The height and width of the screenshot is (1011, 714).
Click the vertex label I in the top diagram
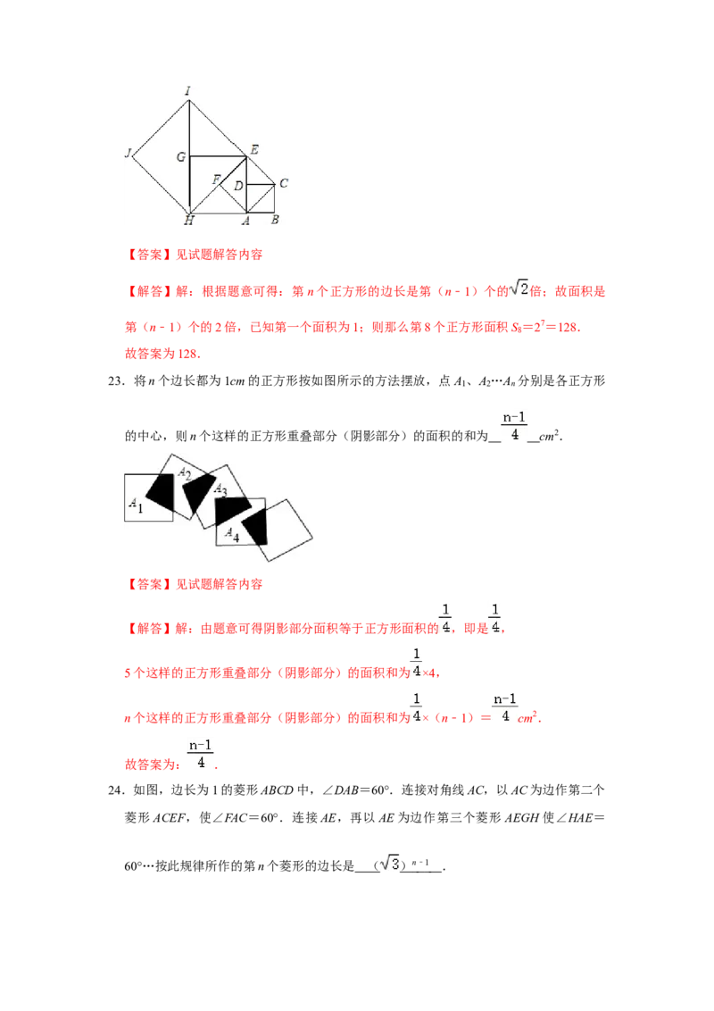tap(188, 91)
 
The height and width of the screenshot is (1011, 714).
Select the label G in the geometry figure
tap(181, 157)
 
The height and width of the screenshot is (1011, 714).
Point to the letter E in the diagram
tap(254, 150)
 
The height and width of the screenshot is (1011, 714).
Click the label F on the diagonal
tap(216, 180)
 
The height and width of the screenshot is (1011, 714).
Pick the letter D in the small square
tap(238, 186)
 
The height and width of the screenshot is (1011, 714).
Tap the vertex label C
tap(283, 183)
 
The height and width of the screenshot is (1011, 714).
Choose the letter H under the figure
tap(189, 220)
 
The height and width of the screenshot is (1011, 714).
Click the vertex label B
tap(275, 220)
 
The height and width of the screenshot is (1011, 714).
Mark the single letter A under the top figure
tap(247, 220)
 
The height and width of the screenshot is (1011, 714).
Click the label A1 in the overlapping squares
tap(136, 505)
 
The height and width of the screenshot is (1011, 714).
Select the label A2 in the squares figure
tap(184, 473)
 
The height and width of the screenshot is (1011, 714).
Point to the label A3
tap(220, 491)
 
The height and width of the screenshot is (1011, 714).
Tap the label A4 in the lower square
tap(231, 534)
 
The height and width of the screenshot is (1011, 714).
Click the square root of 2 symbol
tap(519, 288)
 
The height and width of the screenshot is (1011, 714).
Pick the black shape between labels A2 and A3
tap(197, 490)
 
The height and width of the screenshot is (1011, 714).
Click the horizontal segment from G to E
tap(218, 156)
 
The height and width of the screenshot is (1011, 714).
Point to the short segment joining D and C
tap(261, 185)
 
